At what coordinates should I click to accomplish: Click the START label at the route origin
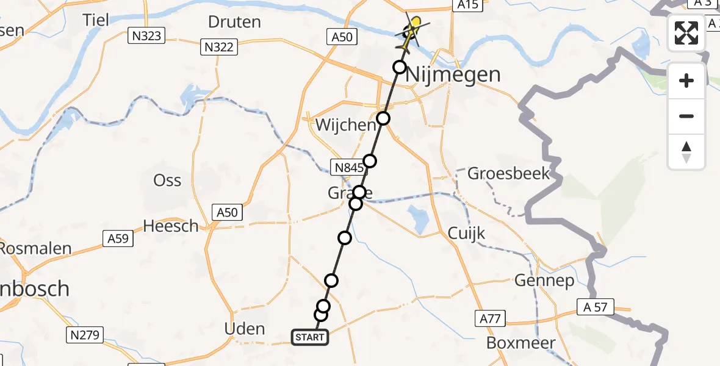(x=310, y=337)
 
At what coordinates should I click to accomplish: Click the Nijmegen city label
(x=453, y=75)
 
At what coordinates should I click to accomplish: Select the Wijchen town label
(x=346, y=125)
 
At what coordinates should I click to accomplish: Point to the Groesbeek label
(x=508, y=173)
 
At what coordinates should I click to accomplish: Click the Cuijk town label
(x=466, y=233)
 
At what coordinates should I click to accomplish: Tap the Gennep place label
(x=545, y=281)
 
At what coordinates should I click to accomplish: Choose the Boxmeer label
(x=521, y=343)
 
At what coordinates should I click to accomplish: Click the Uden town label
(x=245, y=329)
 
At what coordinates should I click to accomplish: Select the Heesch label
(x=171, y=226)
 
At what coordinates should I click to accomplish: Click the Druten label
(x=234, y=23)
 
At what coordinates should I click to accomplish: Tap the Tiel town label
(x=96, y=20)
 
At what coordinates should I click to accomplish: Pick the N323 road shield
(x=146, y=36)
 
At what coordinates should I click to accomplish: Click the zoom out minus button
(x=686, y=116)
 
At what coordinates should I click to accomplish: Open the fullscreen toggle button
(x=686, y=33)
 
